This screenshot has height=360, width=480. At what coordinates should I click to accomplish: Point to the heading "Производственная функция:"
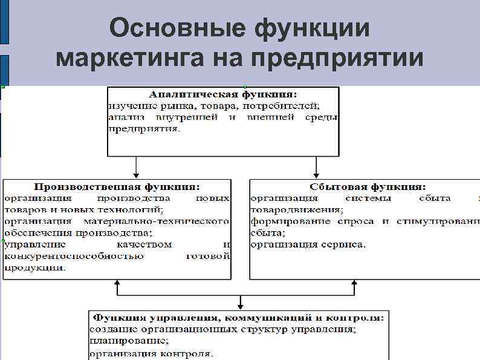click(x=117, y=187)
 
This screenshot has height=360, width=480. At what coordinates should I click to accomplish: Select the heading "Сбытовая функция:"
click(x=367, y=187)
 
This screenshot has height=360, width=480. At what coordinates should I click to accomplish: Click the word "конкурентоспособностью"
click(x=74, y=256)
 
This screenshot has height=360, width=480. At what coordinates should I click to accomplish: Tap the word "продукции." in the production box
click(x=35, y=267)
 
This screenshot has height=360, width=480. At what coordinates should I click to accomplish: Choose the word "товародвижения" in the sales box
click(x=296, y=210)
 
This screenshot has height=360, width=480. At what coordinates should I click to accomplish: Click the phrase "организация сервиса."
click(x=308, y=244)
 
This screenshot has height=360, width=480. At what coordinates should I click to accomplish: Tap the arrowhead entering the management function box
click(x=241, y=304)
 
